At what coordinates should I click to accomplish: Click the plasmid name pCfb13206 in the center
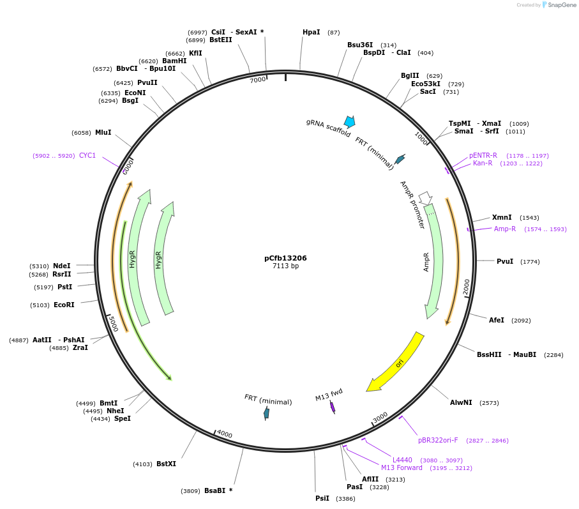click(x=285, y=258)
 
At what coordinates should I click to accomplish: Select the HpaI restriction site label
click(x=312, y=32)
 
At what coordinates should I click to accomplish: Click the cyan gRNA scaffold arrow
click(x=349, y=121)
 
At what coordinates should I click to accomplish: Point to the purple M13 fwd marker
click(x=333, y=407)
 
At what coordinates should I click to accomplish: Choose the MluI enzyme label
click(x=103, y=132)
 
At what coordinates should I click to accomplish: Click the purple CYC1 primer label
click(x=87, y=155)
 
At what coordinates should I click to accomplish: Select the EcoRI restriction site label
click(x=64, y=305)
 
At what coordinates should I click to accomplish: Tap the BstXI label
click(x=166, y=464)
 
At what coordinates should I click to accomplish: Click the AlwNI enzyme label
click(x=461, y=402)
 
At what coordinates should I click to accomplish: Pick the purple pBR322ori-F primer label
click(x=438, y=440)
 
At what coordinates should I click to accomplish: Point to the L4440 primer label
click(x=402, y=460)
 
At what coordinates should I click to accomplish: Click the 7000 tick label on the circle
click(x=257, y=80)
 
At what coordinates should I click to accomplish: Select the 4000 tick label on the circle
click(x=225, y=434)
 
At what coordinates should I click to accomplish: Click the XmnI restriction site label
click(x=502, y=217)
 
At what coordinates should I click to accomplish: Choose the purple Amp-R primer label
click(x=504, y=229)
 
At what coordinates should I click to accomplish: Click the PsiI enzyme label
click(x=322, y=498)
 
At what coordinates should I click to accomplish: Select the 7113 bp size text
click(x=285, y=266)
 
